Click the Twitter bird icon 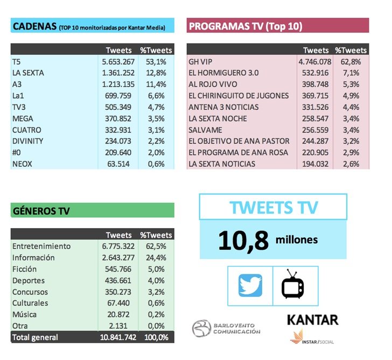250,285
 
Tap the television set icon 293,285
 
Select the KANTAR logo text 312,320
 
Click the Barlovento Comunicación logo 226,328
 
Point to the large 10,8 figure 243,241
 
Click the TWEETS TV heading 274,208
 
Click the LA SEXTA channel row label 28,73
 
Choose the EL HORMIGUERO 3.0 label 224,73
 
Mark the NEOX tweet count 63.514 121,164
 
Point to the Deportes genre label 29,280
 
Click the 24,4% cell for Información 156,258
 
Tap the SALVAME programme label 206,130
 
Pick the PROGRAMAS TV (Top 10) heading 245,26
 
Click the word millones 297,239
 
